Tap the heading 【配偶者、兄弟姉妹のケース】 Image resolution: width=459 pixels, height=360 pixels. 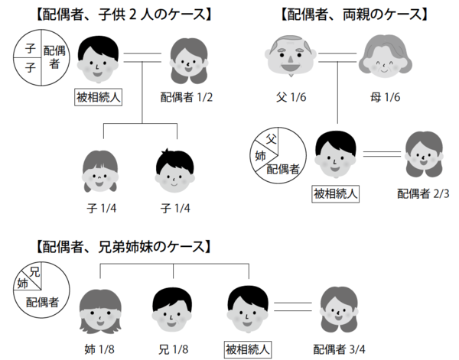click(121, 246)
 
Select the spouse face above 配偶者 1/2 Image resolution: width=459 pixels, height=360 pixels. click(182, 60)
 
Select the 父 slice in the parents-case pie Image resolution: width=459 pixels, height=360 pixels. click(270, 139)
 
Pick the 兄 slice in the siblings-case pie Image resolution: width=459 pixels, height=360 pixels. click(35, 272)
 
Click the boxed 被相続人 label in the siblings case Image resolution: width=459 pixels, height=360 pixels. click(248, 349)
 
